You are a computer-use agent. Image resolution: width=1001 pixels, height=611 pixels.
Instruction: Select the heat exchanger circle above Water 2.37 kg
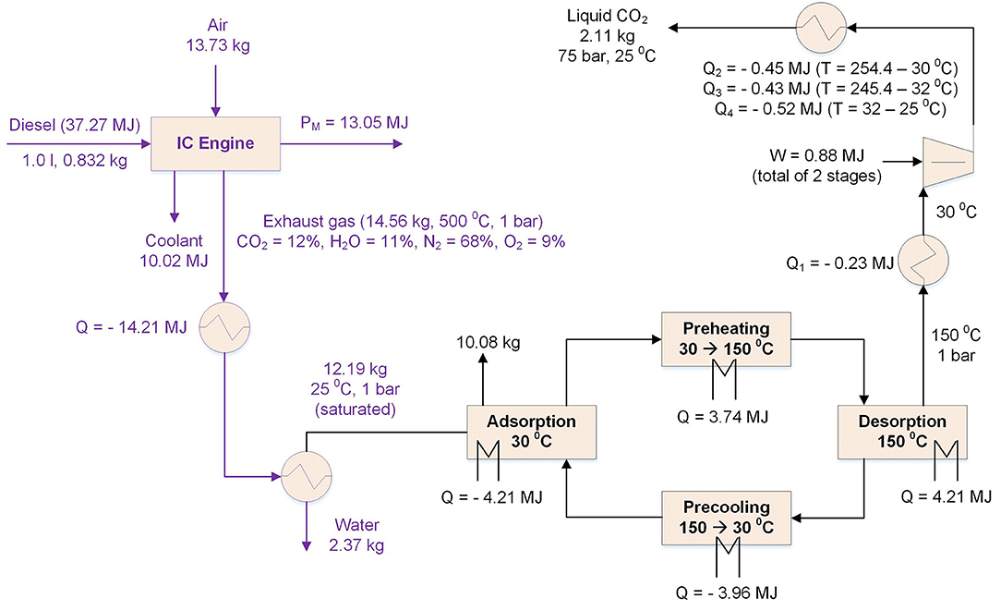click(x=301, y=477)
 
